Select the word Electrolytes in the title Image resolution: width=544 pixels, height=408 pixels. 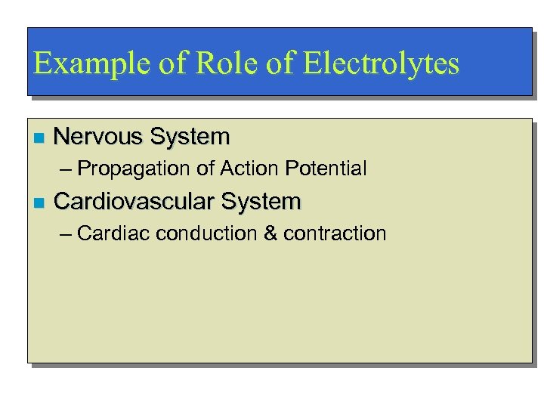point(381,63)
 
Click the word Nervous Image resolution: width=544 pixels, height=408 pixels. point(98,137)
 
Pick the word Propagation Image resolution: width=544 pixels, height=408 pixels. point(134,168)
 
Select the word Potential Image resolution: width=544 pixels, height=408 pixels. point(326,168)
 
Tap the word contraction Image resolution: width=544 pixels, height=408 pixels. point(335,233)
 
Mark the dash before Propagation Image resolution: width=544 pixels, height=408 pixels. point(65,168)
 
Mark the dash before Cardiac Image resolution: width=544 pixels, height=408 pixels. point(65,233)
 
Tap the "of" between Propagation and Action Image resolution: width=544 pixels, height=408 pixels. point(206,168)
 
